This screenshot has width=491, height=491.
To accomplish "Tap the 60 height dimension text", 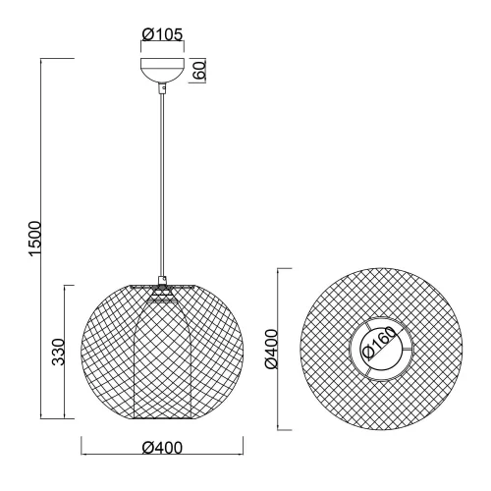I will (198, 71).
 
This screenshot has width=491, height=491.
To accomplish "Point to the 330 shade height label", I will (59, 351).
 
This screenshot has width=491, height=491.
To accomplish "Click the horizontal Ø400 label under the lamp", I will (162, 448).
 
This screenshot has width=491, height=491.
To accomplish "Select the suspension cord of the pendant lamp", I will (160, 187).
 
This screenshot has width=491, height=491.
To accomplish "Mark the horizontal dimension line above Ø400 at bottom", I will (162, 457).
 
